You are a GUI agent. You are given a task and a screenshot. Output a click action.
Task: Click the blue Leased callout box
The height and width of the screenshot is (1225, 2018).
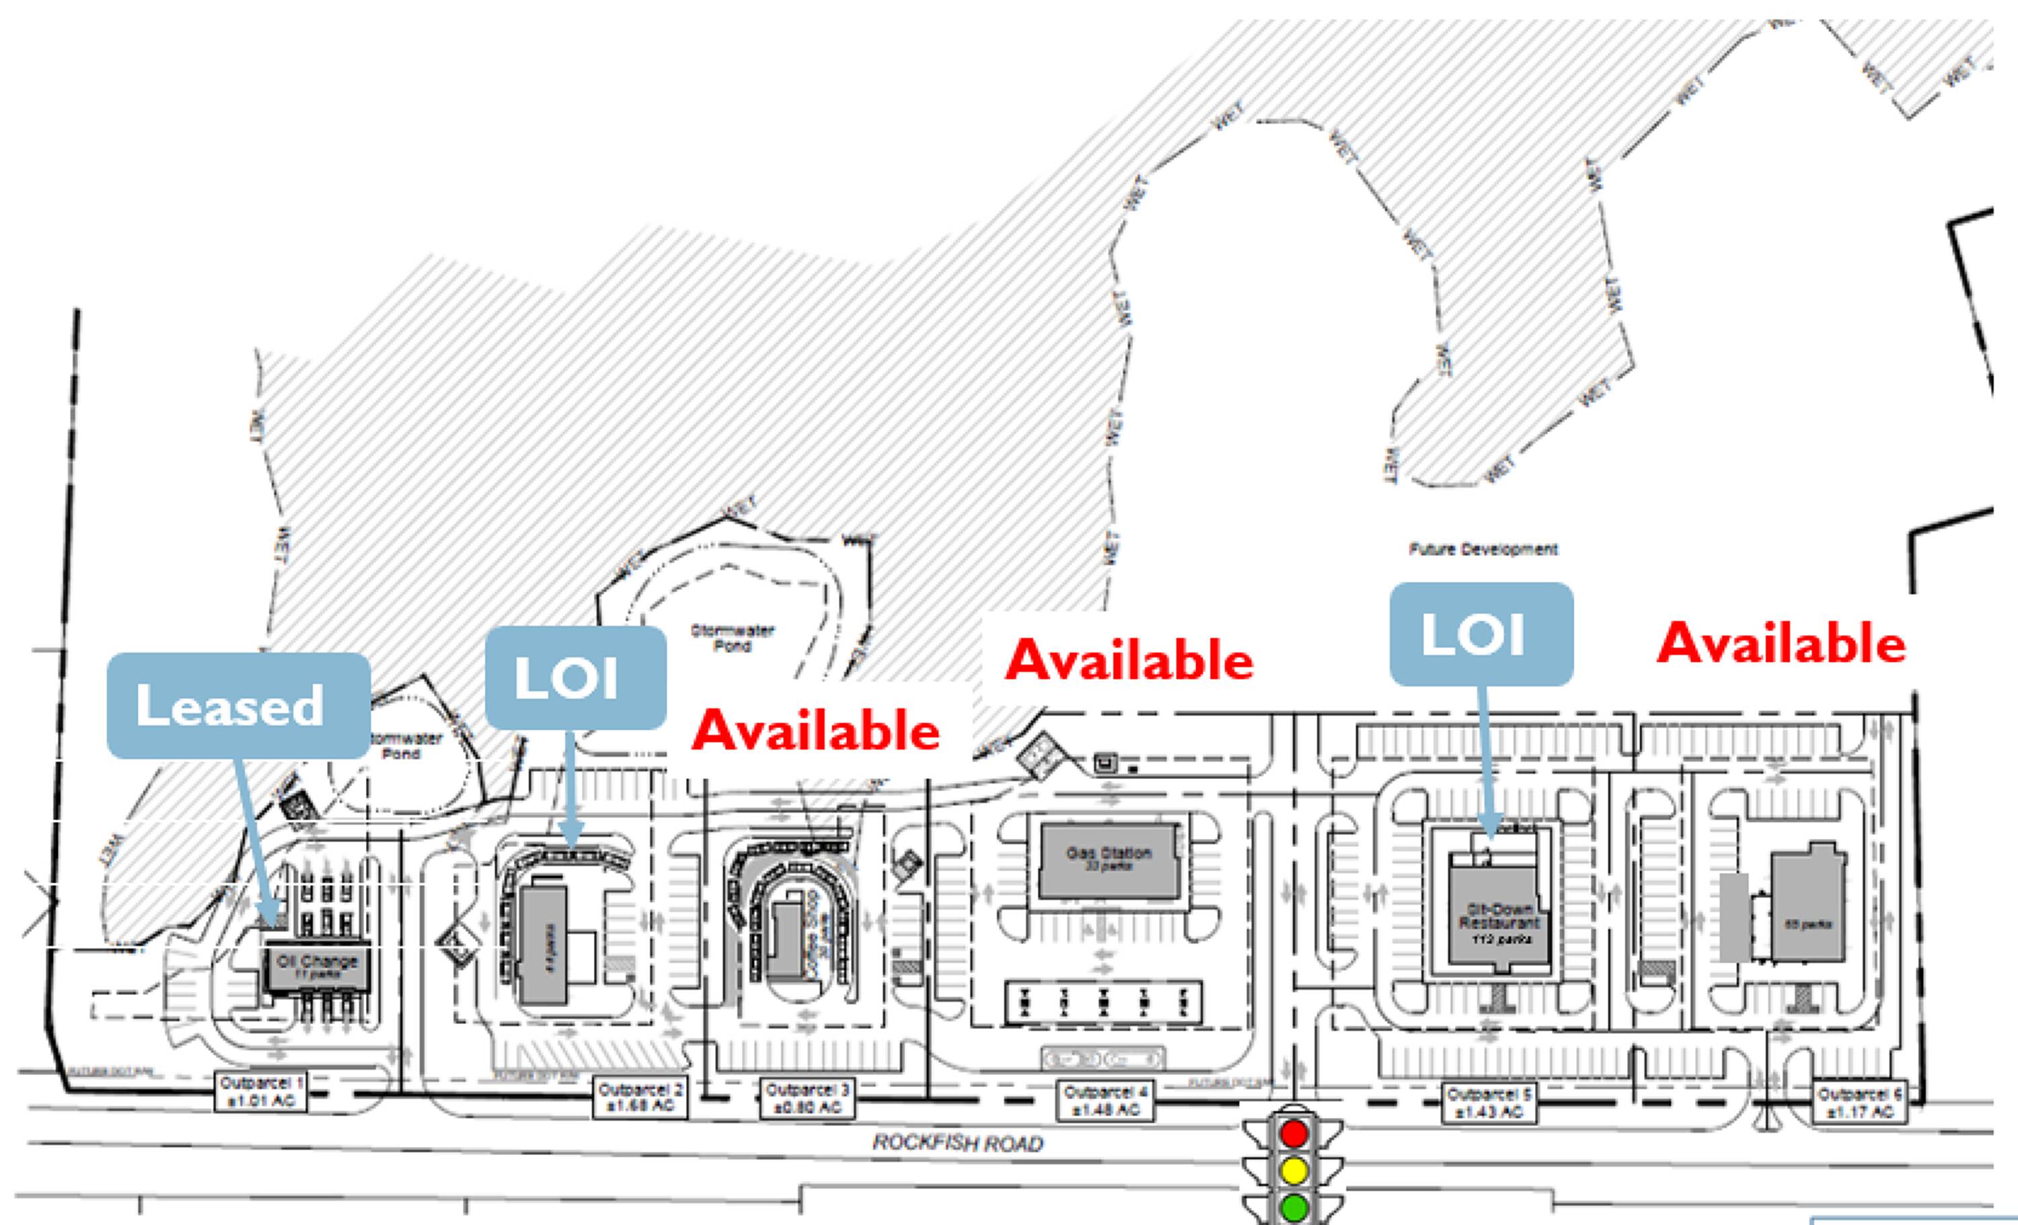(x=238, y=705)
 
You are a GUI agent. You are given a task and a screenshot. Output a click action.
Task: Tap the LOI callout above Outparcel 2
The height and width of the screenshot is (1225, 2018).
(x=576, y=678)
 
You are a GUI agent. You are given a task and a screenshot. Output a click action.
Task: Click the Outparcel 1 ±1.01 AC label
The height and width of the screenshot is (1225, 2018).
(x=261, y=1092)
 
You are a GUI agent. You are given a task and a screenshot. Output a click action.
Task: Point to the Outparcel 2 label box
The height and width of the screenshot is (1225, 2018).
(x=640, y=1098)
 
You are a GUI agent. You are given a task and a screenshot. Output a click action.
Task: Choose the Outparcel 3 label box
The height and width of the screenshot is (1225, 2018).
(x=807, y=1099)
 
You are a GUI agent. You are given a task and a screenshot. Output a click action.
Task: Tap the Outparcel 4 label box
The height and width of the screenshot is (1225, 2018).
(x=1107, y=1101)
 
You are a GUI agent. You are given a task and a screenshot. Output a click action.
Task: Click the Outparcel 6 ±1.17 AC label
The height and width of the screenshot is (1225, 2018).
(x=1860, y=1103)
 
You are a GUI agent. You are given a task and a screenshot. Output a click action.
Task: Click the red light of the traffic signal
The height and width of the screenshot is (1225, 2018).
(x=1293, y=1134)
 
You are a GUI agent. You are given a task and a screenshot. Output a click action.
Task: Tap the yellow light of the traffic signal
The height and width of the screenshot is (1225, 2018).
(x=1293, y=1171)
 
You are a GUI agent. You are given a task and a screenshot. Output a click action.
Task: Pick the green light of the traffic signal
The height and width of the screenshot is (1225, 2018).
(x=1293, y=1207)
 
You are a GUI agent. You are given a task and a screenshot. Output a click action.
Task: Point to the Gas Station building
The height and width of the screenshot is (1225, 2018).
(x=1108, y=859)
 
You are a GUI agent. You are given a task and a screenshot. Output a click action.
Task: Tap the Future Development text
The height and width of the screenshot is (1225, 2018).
(x=1483, y=550)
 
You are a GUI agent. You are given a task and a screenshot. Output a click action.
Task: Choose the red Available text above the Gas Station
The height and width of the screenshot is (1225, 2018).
(x=1129, y=659)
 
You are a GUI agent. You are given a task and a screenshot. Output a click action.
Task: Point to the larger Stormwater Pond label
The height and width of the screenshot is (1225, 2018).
(x=732, y=638)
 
